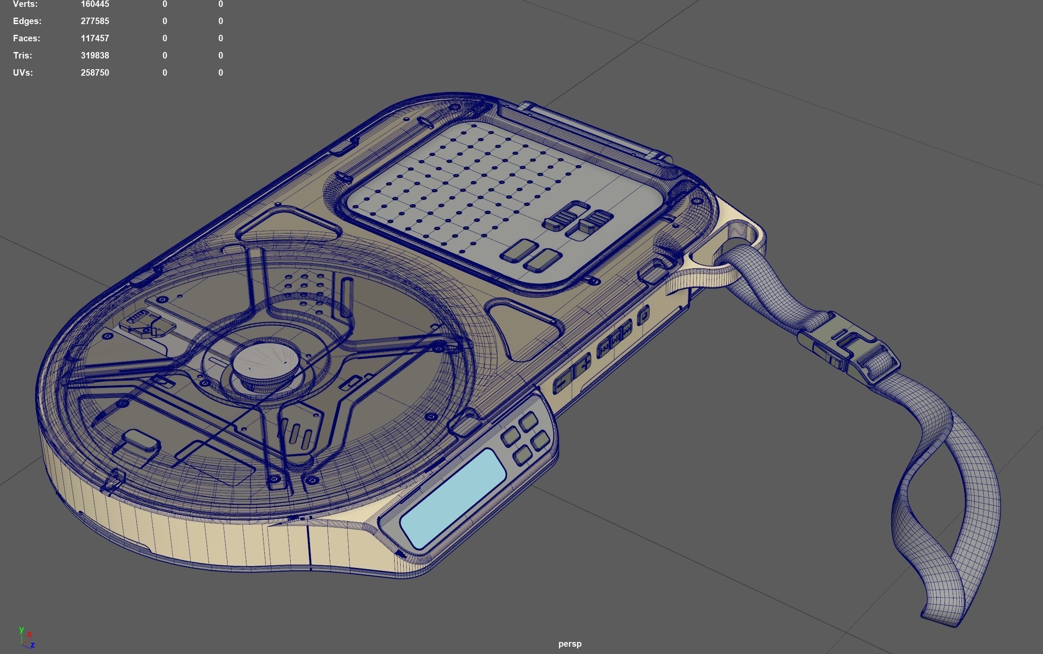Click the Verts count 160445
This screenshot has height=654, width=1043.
pyautogui.click(x=95, y=4)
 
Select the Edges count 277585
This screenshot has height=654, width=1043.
pyautogui.click(x=95, y=21)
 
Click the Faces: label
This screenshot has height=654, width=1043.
pyautogui.click(x=26, y=39)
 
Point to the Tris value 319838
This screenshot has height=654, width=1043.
pyautogui.click(x=95, y=56)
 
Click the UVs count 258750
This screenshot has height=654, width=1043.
pyautogui.click(x=95, y=73)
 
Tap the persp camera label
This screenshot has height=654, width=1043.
pyautogui.click(x=570, y=644)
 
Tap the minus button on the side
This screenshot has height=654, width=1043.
pyautogui.click(x=562, y=382)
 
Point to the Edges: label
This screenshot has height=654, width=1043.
pyautogui.click(x=27, y=21)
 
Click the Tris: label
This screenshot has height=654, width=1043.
pyautogui.click(x=22, y=56)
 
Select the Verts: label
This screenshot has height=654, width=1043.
pyautogui.click(x=25, y=4)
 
